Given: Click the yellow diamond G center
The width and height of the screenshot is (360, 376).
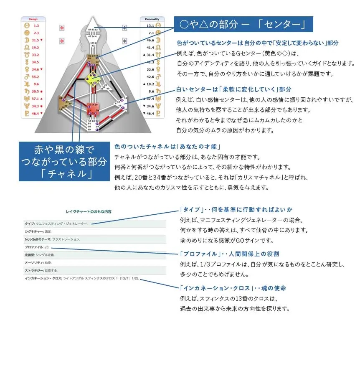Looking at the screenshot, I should click(93, 79).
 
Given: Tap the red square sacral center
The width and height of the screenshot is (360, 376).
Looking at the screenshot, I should click(93, 110).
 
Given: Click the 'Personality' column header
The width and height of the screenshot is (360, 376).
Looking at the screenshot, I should click(152, 19).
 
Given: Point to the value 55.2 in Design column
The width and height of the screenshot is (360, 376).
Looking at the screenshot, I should click(35, 77).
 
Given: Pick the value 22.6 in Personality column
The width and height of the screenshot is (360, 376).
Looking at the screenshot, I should click(151, 69).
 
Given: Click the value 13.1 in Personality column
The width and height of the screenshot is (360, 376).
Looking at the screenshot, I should click(151, 25).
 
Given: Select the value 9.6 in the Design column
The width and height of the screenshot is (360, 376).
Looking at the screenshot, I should click(35, 84).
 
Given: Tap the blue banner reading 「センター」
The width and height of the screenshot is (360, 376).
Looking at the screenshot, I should click(243, 25).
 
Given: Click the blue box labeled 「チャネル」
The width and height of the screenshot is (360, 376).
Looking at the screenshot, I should click(63, 161).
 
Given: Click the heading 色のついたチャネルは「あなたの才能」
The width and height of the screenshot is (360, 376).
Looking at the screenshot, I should click(167, 147).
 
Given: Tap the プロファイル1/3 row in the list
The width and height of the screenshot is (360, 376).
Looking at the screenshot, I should click(37, 247).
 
